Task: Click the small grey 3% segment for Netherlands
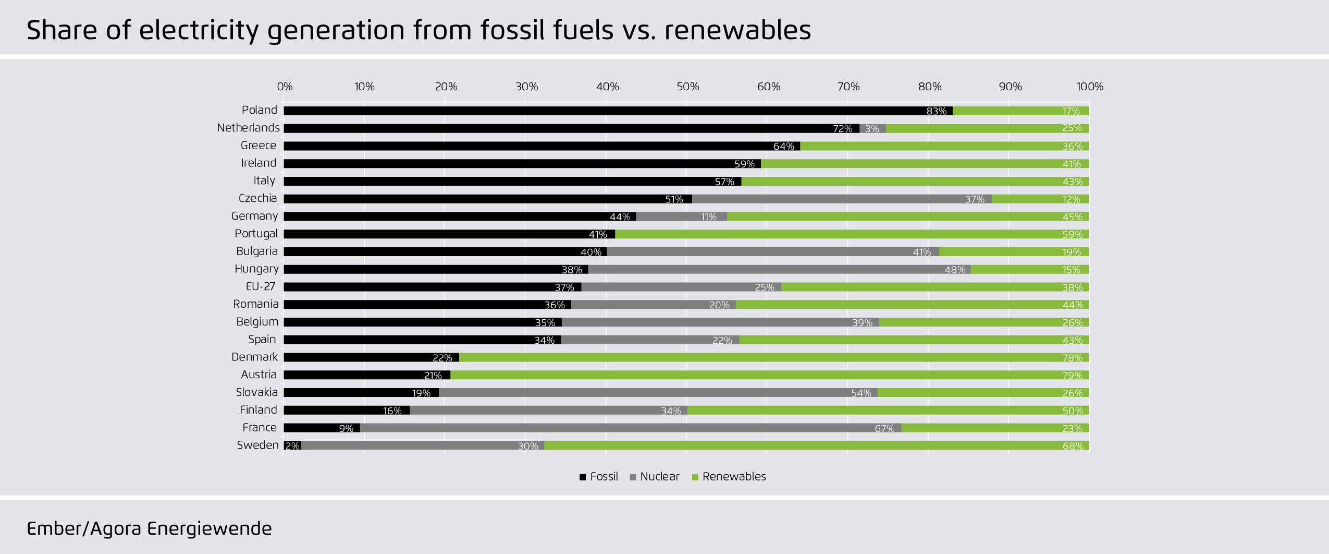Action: pos(872,128)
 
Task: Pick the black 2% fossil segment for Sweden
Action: pos(292,446)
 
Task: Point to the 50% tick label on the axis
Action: pos(688,87)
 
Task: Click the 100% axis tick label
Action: pos(1090,87)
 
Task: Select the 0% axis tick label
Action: pos(285,87)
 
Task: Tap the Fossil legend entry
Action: pos(599,477)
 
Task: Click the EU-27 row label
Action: pos(261,287)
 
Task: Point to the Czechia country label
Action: pos(257,199)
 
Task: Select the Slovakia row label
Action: pos(256,393)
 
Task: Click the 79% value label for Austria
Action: pos(1073,376)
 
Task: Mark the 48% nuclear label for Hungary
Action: pos(955,270)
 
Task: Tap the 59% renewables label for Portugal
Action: pos(1073,235)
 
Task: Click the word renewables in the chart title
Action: pos(737,30)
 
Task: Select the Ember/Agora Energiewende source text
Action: pos(149,529)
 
